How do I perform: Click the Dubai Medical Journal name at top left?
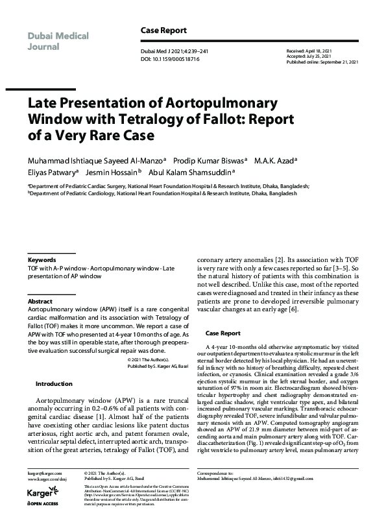point(58,40)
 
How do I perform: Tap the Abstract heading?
point(40,302)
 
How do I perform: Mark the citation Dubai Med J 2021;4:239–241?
point(171,51)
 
